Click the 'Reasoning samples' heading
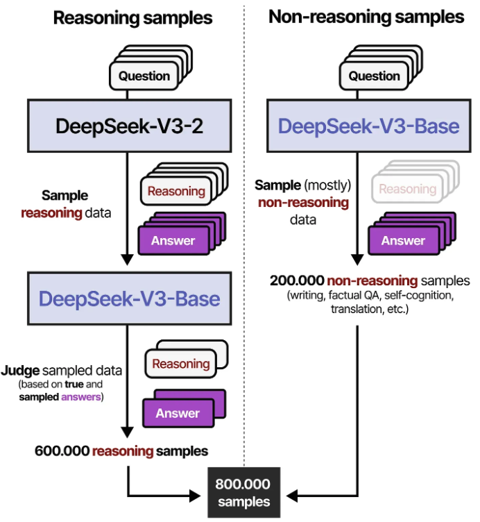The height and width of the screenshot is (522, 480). tap(132, 18)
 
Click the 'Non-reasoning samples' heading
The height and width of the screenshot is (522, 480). tap(366, 17)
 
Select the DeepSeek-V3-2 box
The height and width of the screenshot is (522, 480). tap(130, 126)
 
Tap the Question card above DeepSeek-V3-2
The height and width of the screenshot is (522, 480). tap(144, 76)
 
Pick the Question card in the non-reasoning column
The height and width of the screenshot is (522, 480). tap(374, 76)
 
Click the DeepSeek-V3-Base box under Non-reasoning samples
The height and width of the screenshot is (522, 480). tap(368, 126)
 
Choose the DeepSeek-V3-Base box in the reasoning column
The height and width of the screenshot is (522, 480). tap(130, 298)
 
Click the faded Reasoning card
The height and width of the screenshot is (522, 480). tap(407, 189)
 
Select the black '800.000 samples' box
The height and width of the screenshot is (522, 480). tap(244, 493)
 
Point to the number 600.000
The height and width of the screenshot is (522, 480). tap(62, 451)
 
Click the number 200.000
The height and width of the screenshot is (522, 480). tap(297, 280)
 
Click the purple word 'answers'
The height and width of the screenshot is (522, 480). tap(81, 397)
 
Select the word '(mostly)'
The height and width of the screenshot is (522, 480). tap(327, 185)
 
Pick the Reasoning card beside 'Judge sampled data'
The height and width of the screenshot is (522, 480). tap(181, 364)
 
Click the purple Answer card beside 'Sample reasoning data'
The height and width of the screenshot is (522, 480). tap(173, 241)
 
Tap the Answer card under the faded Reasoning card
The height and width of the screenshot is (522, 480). tap(403, 241)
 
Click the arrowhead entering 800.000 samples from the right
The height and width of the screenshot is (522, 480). tap(292, 496)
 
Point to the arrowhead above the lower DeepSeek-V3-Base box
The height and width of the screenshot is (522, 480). tap(127, 260)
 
